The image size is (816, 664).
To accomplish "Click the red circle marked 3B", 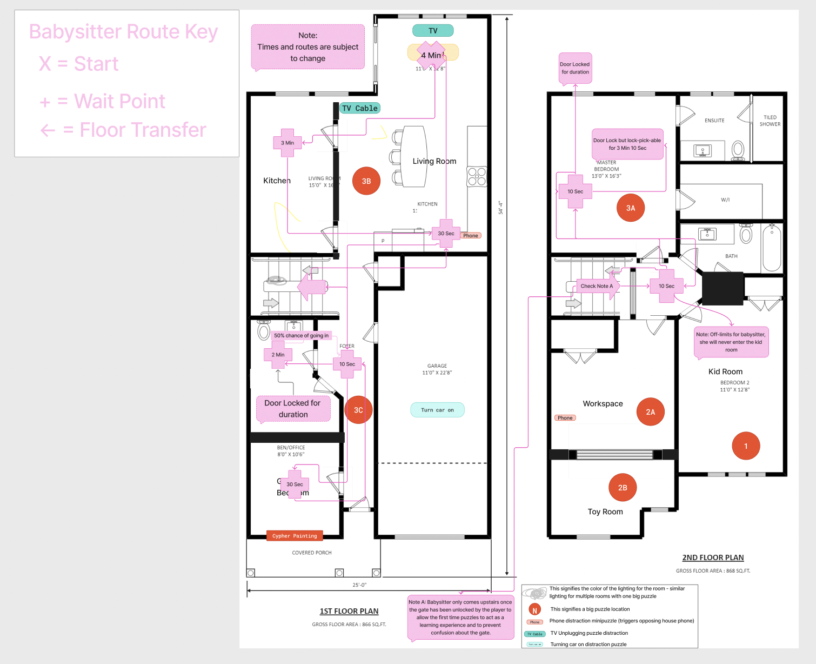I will pos(366,181).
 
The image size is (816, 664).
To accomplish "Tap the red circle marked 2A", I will pos(650,412).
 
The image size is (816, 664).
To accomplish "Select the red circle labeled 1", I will pos(746,446).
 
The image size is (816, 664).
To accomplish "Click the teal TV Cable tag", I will pos(360,108).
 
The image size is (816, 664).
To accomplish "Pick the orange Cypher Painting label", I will pos(295,536).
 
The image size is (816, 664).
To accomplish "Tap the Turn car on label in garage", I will pos(437,410).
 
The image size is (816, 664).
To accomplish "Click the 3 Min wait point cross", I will pos(287,143).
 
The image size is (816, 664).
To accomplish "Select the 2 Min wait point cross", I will pos(278,355).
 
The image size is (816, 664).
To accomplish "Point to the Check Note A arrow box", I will pos(596,286).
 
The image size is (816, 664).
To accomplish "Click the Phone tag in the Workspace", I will pos(565,418).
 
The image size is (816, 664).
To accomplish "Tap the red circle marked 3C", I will pos(358,410).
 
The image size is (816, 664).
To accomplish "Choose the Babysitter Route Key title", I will pos(123,32).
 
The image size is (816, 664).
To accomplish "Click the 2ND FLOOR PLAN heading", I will pos(713,557).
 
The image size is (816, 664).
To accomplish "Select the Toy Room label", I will pos(605,512).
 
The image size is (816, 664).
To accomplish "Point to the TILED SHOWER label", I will pos(770,121).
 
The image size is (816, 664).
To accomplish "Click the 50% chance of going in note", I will pos(301,335).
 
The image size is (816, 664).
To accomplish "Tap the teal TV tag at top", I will pos(433,31).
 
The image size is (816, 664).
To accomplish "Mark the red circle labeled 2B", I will pos(623,488).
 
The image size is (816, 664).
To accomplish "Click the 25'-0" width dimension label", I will pos(359,585).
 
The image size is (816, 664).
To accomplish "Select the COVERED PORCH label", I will pos(312,553).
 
